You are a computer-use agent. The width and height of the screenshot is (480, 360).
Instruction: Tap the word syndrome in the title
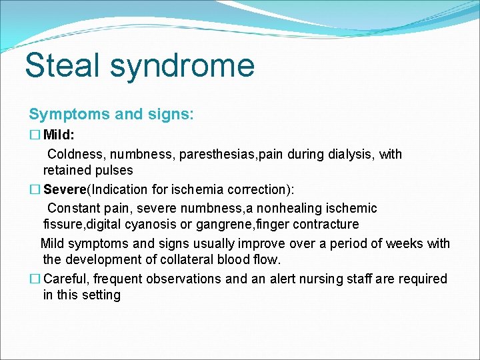(182, 66)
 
